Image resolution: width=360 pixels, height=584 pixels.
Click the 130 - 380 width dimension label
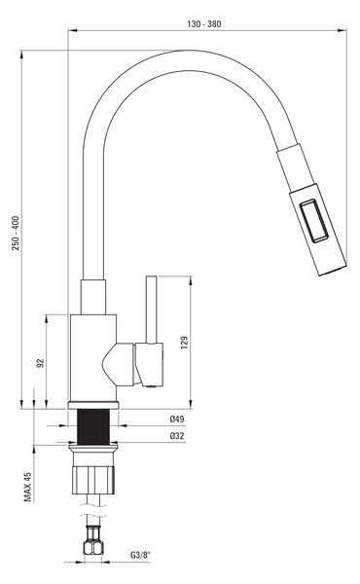point(204,24)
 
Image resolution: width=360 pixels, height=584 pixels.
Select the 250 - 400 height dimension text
point(16,233)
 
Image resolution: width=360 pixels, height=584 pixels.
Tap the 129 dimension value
point(184,343)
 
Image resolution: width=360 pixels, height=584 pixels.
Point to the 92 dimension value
point(40,363)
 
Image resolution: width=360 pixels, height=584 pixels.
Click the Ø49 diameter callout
point(177,419)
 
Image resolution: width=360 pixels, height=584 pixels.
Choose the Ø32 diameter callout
point(177,436)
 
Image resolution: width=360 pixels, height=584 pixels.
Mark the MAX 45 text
point(28,487)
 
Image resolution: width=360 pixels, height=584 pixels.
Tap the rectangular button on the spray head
point(314,221)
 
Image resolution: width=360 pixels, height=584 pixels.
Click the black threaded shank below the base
point(93,427)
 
